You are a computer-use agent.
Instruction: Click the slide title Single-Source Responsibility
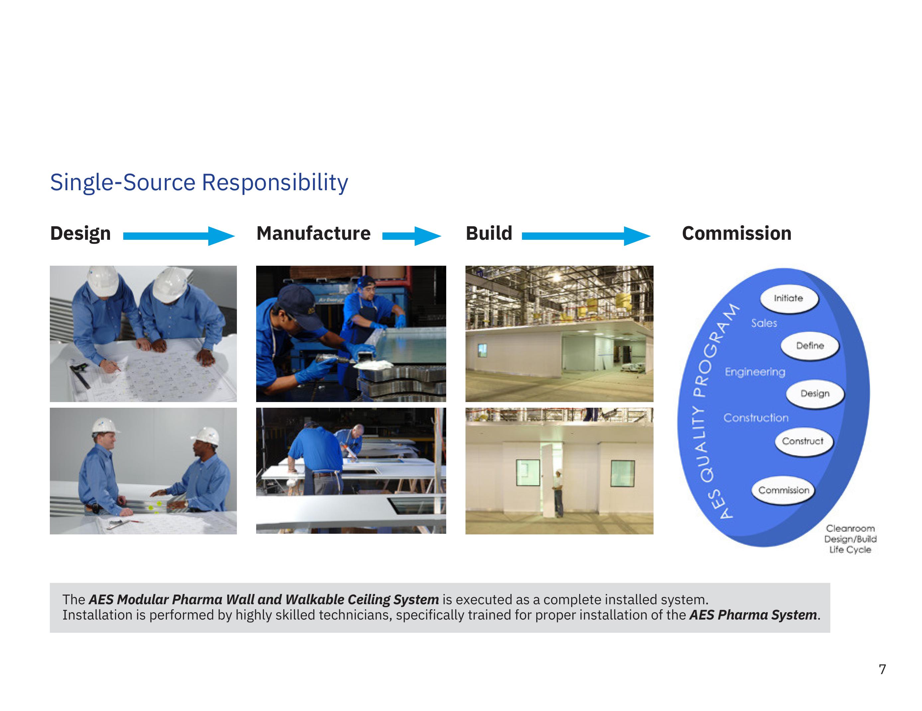199,183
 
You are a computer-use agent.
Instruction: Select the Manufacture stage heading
314,233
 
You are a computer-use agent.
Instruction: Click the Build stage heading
489,233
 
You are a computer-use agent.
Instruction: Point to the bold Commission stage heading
737,233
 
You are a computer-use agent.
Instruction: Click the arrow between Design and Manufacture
179,236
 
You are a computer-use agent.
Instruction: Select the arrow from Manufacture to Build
412,236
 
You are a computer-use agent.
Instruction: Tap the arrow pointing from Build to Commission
586,236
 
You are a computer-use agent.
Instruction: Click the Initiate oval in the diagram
788,299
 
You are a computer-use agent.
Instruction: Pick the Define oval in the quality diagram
810,346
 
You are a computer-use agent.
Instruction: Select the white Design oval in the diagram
815,394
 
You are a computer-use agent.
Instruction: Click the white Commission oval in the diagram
783,491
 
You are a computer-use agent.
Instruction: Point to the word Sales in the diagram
764,323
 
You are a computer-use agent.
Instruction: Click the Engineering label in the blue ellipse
755,372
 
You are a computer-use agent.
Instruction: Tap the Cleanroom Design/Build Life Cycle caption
850,539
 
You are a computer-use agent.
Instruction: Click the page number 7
882,670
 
